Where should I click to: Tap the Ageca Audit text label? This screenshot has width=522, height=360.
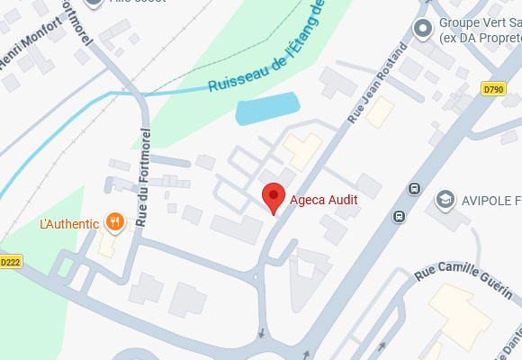click(323, 199)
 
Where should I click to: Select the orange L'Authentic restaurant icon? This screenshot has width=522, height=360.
click(115, 221)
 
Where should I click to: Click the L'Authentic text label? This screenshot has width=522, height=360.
click(68, 222)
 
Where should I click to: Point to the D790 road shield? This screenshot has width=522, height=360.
click(493, 88)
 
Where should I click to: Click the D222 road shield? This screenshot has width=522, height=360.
click(10, 262)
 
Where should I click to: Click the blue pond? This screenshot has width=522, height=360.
click(266, 109)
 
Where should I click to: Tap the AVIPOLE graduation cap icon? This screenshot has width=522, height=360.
click(444, 198)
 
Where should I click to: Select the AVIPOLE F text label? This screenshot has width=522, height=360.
click(490, 199)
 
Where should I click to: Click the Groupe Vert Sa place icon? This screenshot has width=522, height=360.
click(422, 30)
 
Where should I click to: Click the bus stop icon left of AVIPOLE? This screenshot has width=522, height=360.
click(414, 188)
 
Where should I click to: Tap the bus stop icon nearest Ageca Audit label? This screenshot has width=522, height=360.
click(398, 216)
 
